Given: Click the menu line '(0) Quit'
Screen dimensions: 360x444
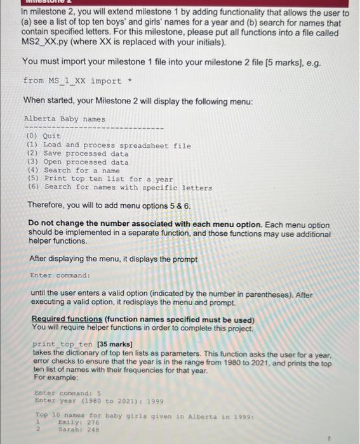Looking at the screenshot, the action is [43, 136].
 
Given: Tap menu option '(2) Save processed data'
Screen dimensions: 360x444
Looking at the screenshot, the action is [77, 153].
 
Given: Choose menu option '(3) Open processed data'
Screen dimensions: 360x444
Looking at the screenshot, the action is [77, 162].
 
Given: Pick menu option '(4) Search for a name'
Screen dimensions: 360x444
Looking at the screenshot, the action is [72, 171].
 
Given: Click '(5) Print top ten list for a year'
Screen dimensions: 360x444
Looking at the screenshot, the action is [99, 179].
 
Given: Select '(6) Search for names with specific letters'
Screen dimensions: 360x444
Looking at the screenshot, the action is [119, 188].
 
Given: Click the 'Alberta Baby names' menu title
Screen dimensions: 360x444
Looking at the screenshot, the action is [64, 119].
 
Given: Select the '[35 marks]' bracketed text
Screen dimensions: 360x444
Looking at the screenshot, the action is [114, 343].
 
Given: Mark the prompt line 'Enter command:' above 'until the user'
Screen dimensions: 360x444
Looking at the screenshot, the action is [60, 276].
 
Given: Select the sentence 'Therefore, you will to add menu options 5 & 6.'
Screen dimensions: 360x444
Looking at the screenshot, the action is [109, 206].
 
